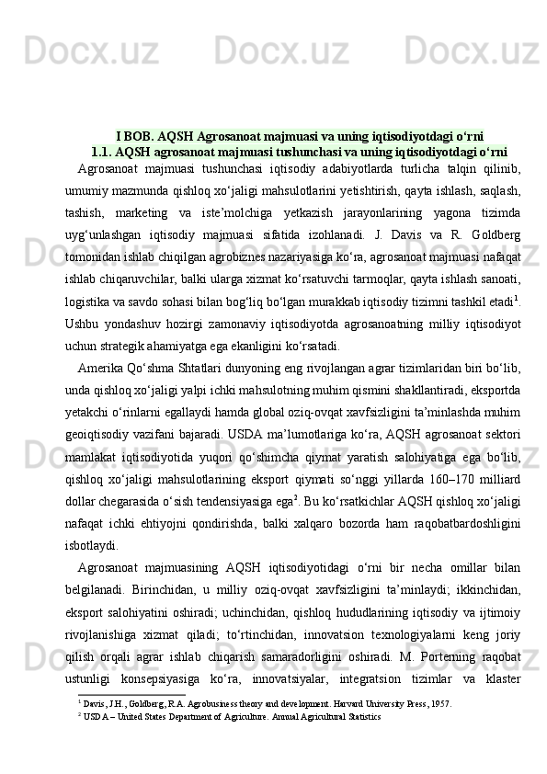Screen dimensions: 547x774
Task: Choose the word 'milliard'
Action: [497, 467]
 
